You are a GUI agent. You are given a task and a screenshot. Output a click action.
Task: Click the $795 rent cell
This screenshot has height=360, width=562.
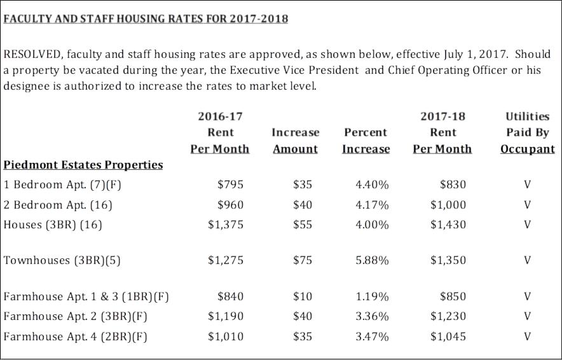(x=231, y=184)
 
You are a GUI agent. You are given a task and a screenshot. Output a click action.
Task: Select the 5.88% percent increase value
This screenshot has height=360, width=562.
(x=372, y=260)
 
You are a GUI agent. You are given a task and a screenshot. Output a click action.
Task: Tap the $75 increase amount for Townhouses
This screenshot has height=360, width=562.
(x=303, y=260)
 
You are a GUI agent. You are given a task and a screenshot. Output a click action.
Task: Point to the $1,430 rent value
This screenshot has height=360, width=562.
(x=448, y=225)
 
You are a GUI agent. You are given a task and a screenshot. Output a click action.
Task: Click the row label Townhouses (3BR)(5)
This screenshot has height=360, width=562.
(x=62, y=260)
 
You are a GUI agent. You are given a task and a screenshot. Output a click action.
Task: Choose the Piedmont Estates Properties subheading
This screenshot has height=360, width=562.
(x=83, y=165)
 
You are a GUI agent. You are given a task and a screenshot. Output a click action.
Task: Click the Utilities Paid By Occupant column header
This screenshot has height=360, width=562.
(x=528, y=133)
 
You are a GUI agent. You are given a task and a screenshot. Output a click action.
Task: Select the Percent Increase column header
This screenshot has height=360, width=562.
(x=366, y=141)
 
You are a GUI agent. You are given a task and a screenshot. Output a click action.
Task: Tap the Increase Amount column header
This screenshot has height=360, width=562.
(x=296, y=141)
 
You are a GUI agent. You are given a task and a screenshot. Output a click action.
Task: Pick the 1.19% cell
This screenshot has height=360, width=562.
(x=372, y=296)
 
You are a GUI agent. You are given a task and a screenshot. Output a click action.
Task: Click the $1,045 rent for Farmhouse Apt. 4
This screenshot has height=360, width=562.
(x=448, y=336)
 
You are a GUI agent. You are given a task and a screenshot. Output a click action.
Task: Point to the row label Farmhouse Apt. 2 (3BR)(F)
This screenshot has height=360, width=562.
(x=75, y=317)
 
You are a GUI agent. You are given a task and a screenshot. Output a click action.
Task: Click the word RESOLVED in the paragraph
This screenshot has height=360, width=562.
(x=32, y=55)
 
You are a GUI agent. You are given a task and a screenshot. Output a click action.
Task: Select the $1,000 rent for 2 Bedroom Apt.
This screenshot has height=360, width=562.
(x=448, y=205)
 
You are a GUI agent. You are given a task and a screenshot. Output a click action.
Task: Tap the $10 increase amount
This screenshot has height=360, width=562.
(x=303, y=296)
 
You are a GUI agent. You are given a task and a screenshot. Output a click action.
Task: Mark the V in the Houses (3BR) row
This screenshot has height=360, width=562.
(x=527, y=225)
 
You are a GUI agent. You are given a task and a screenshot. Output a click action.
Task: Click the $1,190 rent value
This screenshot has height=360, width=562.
(x=226, y=316)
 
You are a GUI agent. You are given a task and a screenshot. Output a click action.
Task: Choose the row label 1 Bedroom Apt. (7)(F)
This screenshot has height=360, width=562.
(x=62, y=184)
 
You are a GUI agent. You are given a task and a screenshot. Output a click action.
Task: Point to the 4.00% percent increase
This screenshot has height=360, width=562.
(x=372, y=225)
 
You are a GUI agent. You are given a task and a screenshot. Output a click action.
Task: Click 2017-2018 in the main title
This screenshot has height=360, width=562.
(x=259, y=18)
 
